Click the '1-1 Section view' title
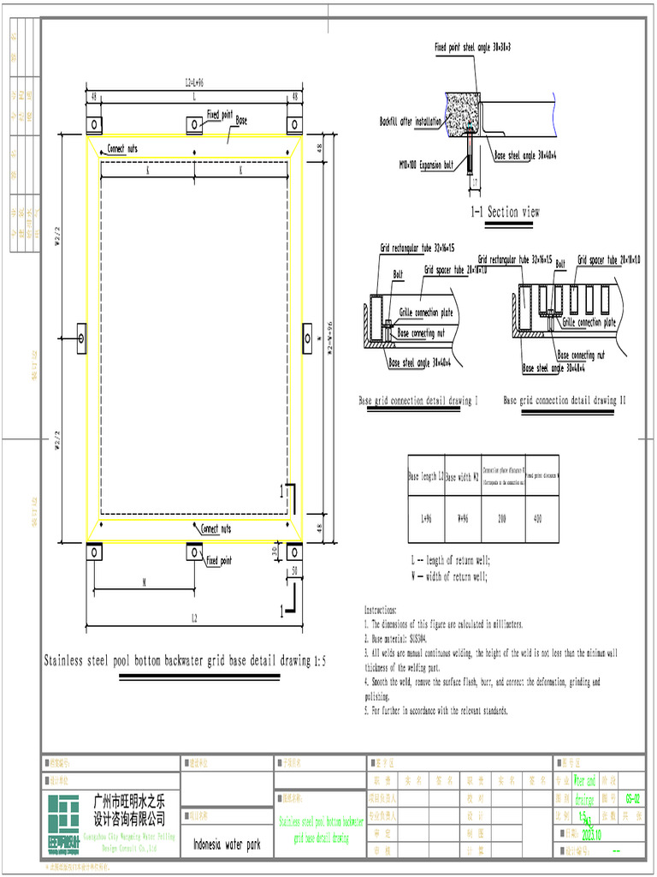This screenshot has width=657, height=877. (x=505, y=212)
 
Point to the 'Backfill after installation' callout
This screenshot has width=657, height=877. (x=411, y=122)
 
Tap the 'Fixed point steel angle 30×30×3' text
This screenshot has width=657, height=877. (x=472, y=47)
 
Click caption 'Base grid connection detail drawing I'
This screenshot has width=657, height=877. (x=417, y=400)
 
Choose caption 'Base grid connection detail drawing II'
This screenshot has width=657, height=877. (x=565, y=400)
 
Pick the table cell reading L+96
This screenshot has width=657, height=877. (x=425, y=518)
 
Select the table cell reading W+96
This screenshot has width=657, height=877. (x=462, y=518)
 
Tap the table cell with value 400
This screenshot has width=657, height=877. (x=538, y=518)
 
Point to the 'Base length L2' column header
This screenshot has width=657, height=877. (x=425, y=475)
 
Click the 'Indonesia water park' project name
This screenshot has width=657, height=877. (x=227, y=844)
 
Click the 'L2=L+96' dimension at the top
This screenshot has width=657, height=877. (x=194, y=84)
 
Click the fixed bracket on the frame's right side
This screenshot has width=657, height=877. (x=308, y=337)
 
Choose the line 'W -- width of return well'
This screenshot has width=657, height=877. (x=450, y=576)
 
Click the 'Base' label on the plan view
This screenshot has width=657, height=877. (x=241, y=122)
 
